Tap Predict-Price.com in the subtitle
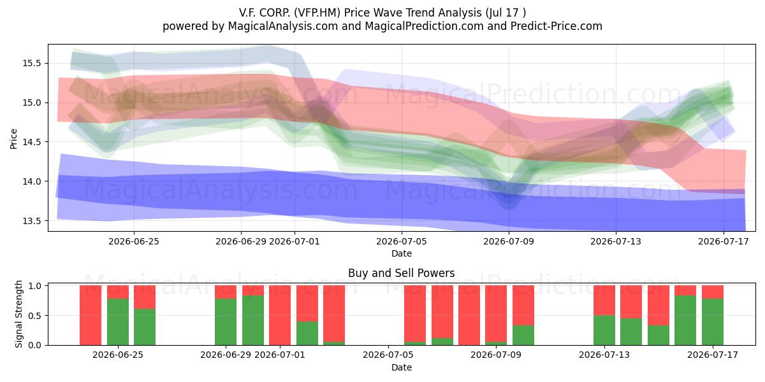pyautogui.click(x=557, y=26)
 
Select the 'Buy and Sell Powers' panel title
pyautogui.click(x=401, y=273)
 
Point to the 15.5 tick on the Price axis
pyautogui.click(x=32, y=63)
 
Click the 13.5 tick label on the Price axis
pyautogui.click(x=32, y=221)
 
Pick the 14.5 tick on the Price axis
pyautogui.click(x=32, y=142)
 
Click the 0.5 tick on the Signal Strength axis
pyautogui.click(x=34, y=316)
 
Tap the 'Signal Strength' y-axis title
pyautogui.click(x=18, y=314)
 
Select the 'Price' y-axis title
pyautogui.click(x=13, y=139)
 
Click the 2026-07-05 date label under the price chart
pyautogui.click(x=401, y=241)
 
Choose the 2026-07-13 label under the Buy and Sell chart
pyautogui.click(x=604, y=355)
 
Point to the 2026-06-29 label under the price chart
pyautogui.click(x=241, y=241)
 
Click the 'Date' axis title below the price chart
pyautogui.click(x=401, y=253)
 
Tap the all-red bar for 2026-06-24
pyautogui.click(x=91, y=315)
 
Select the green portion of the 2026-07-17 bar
pyautogui.click(x=713, y=322)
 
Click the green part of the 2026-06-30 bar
pyautogui.click(x=253, y=320)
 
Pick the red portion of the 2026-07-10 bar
pyautogui.click(x=523, y=305)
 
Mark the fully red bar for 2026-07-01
pyautogui.click(x=280, y=315)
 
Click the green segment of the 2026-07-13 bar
pyautogui.click(x=604, y=330)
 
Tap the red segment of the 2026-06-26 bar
pyautogui.click(x=145, y=297)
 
